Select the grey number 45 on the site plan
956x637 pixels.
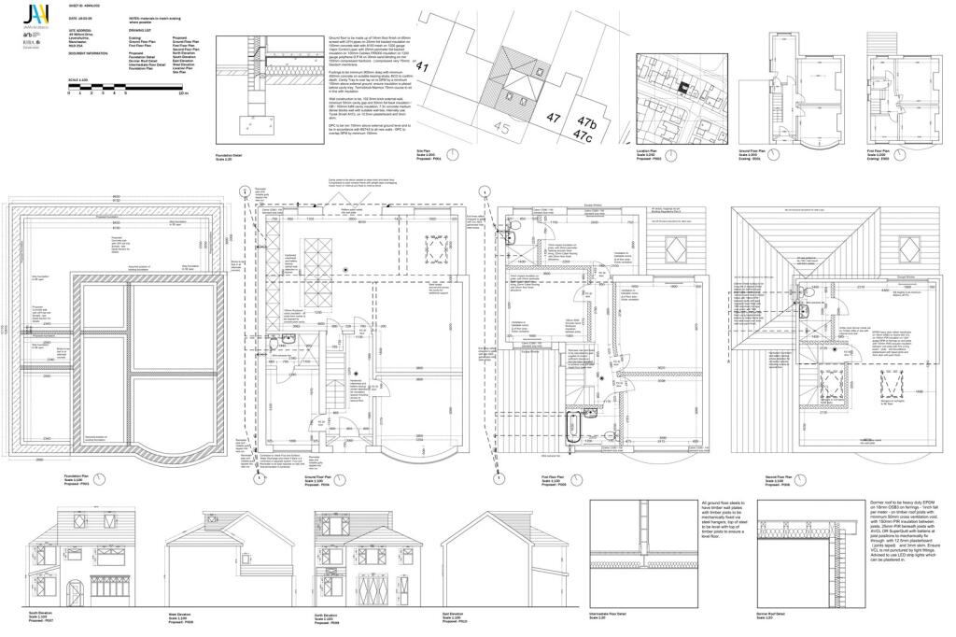pos(502,129)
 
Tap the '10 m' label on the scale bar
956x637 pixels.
pos(183,93)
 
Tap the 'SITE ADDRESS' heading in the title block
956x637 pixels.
pos(80,29)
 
